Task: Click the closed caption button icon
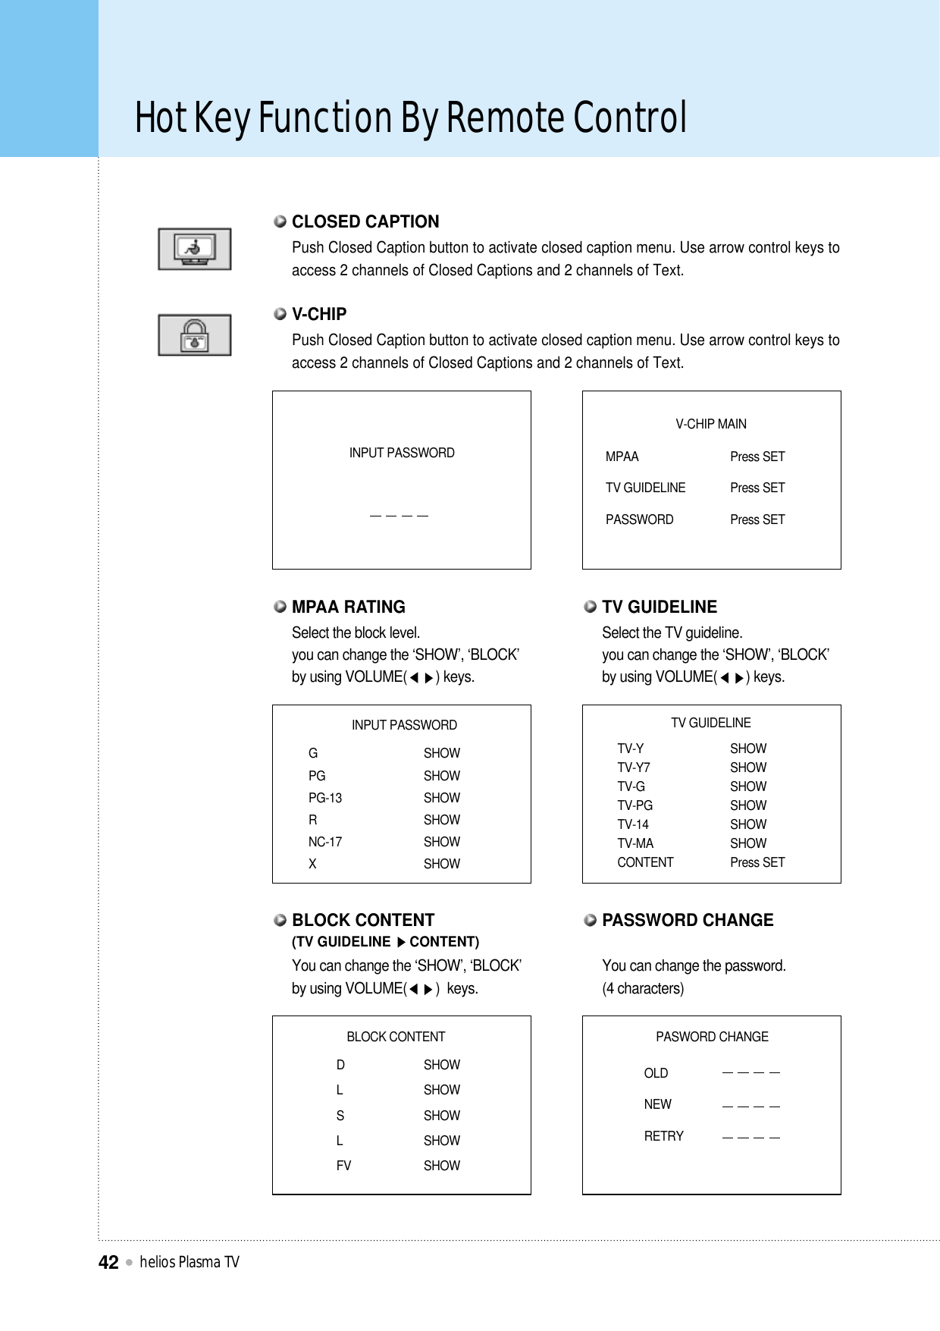point(195,249)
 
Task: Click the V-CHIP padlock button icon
point(195,334)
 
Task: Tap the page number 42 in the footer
point(108,1262)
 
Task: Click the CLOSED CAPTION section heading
point(365,221)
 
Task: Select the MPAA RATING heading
point(348,607)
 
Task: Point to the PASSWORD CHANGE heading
point(687,920)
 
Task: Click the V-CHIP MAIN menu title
point(711,424)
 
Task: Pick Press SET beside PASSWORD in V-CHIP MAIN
point(757,520)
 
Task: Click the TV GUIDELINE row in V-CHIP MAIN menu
point(645,488)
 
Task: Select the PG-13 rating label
point(325,798)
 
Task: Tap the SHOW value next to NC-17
point(442,842)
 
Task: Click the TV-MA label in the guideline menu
point(635,843)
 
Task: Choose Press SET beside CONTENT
point(757,862)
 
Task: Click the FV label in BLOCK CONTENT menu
point(343,1166)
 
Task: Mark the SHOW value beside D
point(442,1065)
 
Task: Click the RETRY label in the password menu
point(663,1136)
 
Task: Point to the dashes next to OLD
point(751,1073)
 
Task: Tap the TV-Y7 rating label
point(633,768)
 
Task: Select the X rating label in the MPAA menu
point(312,864)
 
